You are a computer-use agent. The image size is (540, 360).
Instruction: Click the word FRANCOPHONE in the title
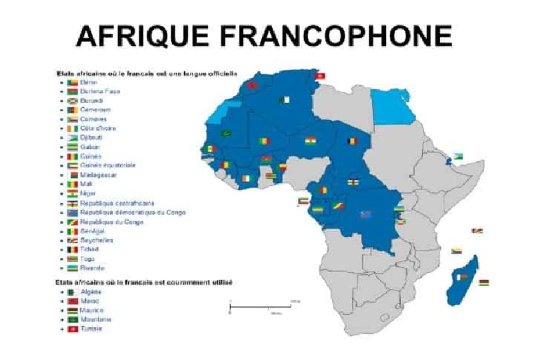(x=337, y=37)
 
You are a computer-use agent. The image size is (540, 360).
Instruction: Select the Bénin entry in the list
(x=88, y=82)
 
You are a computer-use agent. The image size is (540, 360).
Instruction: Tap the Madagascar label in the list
(x=96, y=175)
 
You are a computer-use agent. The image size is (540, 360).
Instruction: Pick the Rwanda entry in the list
(x=92, y=268)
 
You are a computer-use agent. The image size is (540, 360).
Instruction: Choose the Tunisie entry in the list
(x=91, y=329)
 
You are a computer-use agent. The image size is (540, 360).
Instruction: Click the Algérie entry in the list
(x=91, y=292)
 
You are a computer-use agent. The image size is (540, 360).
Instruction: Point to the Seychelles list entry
(x=96, y=240)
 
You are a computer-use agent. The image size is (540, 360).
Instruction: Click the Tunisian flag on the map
(x=319, y=75)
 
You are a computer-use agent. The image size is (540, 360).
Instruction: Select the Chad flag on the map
(x=352, y=141)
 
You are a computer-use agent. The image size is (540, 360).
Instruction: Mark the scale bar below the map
(x=261, y=305)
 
